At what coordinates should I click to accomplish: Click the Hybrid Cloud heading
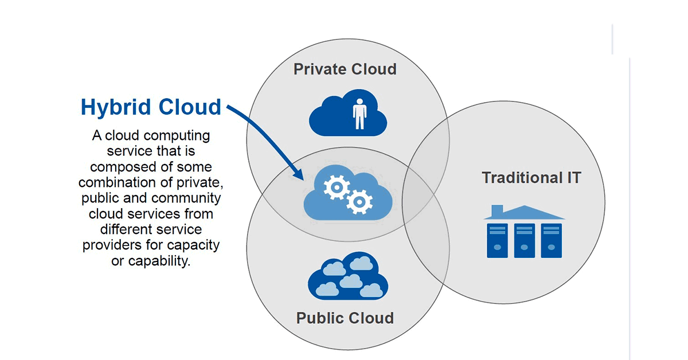click(x=151, y=107)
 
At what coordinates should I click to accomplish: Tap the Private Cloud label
click(x=345, y=69)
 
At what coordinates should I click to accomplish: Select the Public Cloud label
click(x=345, y=318)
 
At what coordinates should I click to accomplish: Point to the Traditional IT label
click(x=531, y=178)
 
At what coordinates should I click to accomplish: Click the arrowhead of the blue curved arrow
click(x=299, y=176)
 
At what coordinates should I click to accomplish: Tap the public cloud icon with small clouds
click(x=347, y=277)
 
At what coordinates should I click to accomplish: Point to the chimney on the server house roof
click(x=497, y=210)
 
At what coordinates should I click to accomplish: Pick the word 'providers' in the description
click(x=111, y=245)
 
